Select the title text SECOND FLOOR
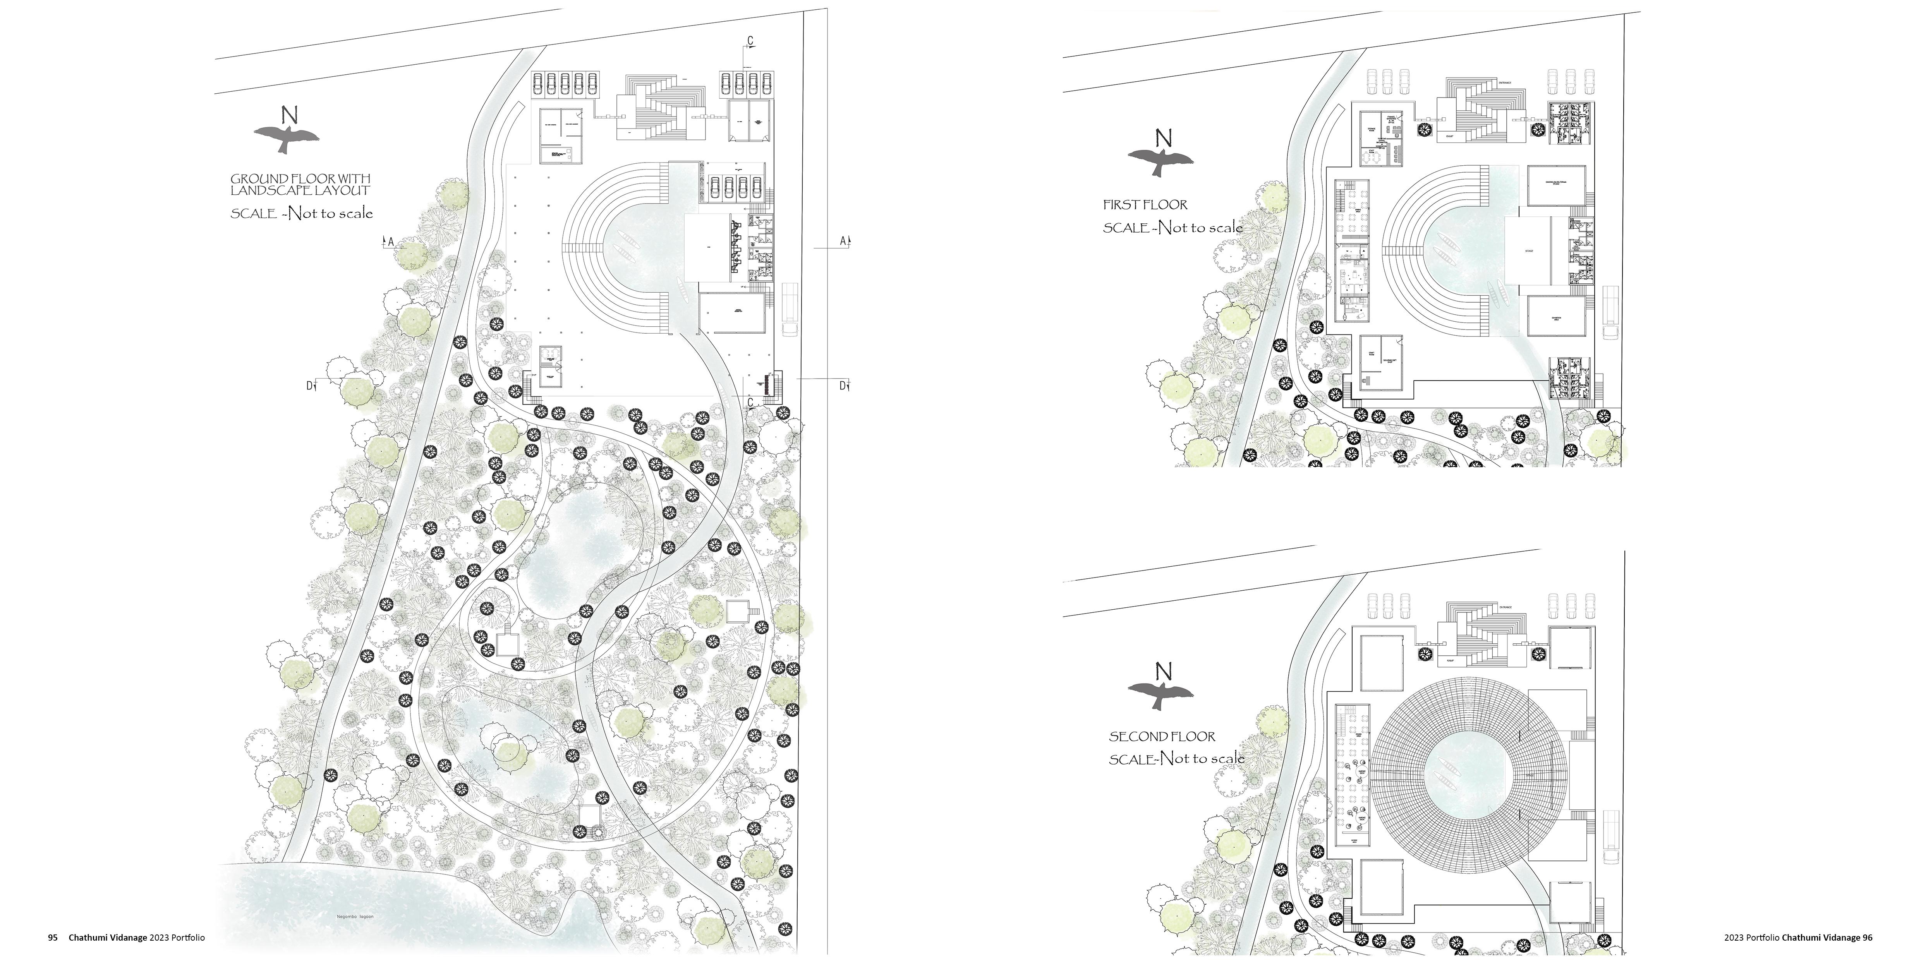[1162, 736]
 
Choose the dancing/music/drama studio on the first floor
[1555, 185]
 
